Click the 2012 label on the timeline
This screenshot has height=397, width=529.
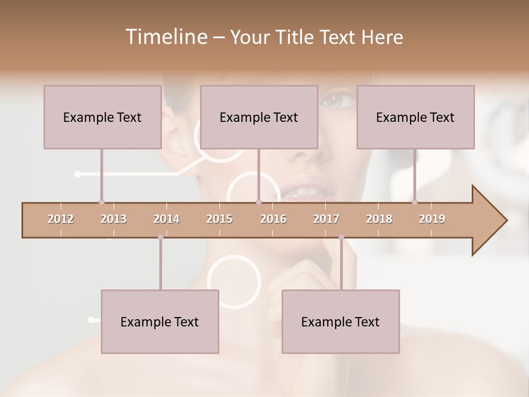pyautogui.click(x=61, y=219)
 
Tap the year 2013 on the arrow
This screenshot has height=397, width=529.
pyautogui.click(x=114, y=219)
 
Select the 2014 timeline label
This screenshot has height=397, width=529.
pyautogui.click(x=166, y=219)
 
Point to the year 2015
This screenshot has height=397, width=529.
pyautogui.click(x=219, y=219)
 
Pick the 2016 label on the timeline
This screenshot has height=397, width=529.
pyautogui.click(x=273, y=219)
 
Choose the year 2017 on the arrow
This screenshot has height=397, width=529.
pyautogui.click(x=326, y=219)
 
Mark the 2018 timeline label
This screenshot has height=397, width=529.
pyautogui.click(x=379, y=219)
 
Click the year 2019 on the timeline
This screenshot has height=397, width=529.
pyautogui.click(x=432, y=219)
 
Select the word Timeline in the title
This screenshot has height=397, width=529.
pyautogui.click(x=165, y=37)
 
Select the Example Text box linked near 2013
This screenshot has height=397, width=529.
pyautogui.click(x=102, y=117)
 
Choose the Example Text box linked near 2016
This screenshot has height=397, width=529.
pyautogui.click(x=259, y=117)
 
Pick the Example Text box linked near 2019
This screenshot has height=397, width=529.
pyautogui.click(x=415, y=117)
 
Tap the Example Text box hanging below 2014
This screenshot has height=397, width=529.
pyautogui.click(x=160, y=321)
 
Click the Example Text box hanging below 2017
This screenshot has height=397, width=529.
pyautogui.click(x=341, y=321)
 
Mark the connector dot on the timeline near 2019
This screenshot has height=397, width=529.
pyautogui.click(x=415, y=202)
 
